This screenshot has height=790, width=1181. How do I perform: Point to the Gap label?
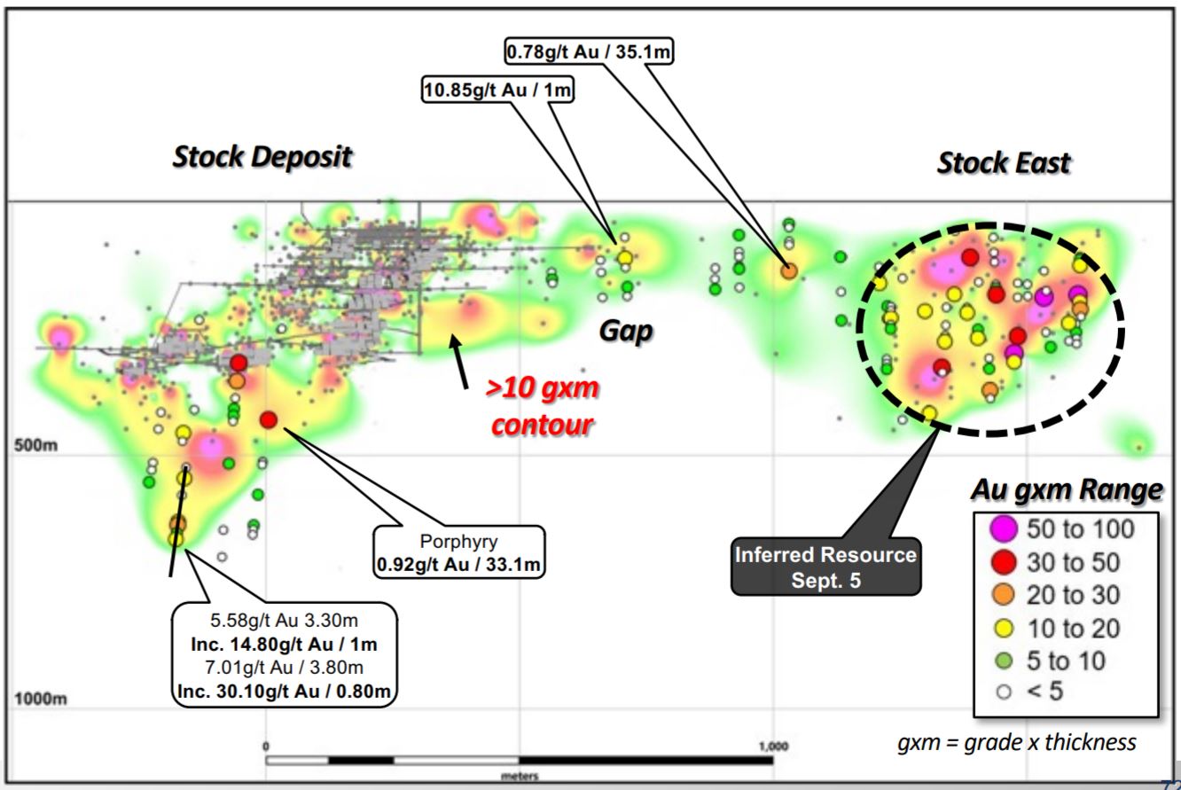click(x=627, y=331)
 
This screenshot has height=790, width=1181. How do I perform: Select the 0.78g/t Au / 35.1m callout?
click(x=589, y=53)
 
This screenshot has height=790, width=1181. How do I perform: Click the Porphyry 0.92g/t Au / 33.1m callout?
click(x=460, y=553)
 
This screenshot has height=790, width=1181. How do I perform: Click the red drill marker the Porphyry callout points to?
click(x=270, y=419)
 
